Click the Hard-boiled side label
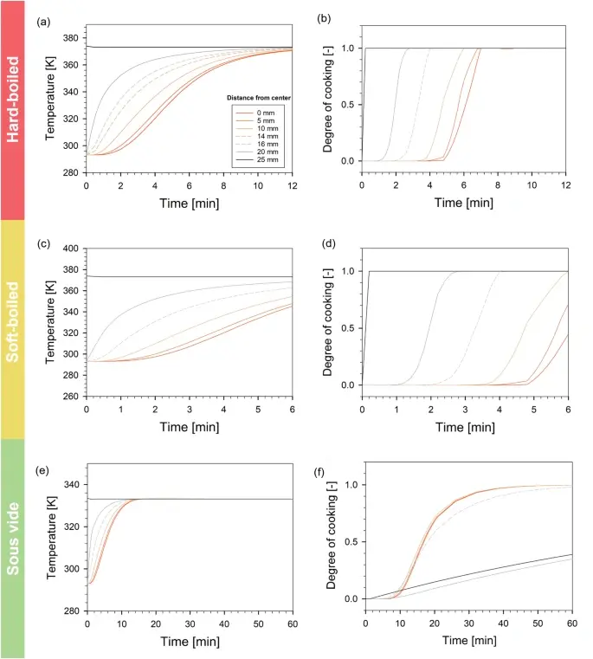coord(12,110)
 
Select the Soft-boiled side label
coord(12,329)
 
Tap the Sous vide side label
coord(12,548)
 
